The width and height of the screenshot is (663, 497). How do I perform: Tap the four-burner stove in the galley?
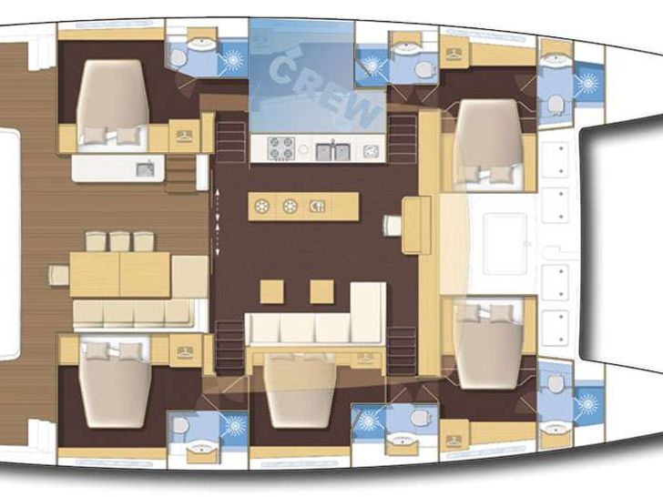(x=281, y=148)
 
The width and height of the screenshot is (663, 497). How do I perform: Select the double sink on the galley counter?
(x=333, y=151)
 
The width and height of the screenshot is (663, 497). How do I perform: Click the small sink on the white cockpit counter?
(x=145, y=169)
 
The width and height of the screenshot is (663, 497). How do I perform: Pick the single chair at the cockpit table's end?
(x=59, y=275)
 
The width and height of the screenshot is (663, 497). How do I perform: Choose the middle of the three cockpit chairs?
(x=119, y=241)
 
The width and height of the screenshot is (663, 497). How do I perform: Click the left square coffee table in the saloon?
(x=271, y=291)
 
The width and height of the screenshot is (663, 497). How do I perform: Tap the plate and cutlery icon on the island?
(x=317, y=207)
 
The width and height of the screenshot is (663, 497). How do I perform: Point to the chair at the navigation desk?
(x=393, y=226)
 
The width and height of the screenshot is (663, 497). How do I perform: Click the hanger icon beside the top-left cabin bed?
(x=184, y=136)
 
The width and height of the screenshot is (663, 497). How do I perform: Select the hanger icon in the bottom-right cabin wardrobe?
(x=454, y=441)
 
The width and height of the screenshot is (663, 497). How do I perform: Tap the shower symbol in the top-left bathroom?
(x=233, y=59)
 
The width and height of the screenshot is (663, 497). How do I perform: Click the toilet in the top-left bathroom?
(x=177, y=58)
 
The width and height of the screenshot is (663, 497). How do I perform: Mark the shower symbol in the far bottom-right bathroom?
(x=587, y=403)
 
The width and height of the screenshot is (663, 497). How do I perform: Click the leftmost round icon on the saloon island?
(x=262, y=207)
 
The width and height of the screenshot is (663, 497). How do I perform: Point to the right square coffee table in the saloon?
(x=321, y=291)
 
